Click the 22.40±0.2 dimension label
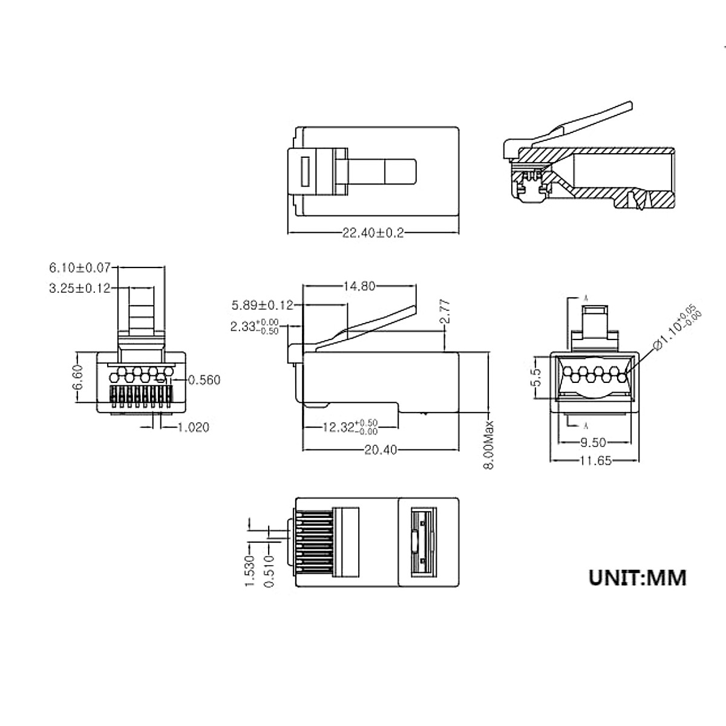click(x=373, y=233)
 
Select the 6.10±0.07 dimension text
click(x=80, y=267)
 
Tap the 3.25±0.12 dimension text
click(x=80, y=289)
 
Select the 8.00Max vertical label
click(x=490, y=444)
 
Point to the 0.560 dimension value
click(x=204, y=380)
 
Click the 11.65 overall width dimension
click(x=593, y=461)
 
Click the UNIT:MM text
click(x=638, y=577)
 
